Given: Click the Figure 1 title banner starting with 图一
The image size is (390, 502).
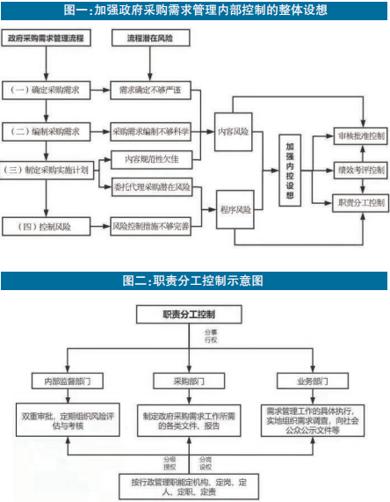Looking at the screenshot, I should tap(195, 11).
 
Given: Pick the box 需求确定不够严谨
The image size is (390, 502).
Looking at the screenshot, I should tap(151, 90).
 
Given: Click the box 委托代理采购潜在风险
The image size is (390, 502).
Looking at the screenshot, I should tap(151, 187).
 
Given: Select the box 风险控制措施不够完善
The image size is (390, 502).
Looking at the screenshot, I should tap(151, 227).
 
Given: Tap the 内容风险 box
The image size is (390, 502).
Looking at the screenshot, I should tap(234, 131).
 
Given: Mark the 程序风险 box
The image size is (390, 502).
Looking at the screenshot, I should tap(234, 209).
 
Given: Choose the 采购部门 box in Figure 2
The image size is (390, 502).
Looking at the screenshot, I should tap(196, 383).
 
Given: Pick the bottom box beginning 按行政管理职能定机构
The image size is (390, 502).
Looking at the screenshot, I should tap(195, 483).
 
